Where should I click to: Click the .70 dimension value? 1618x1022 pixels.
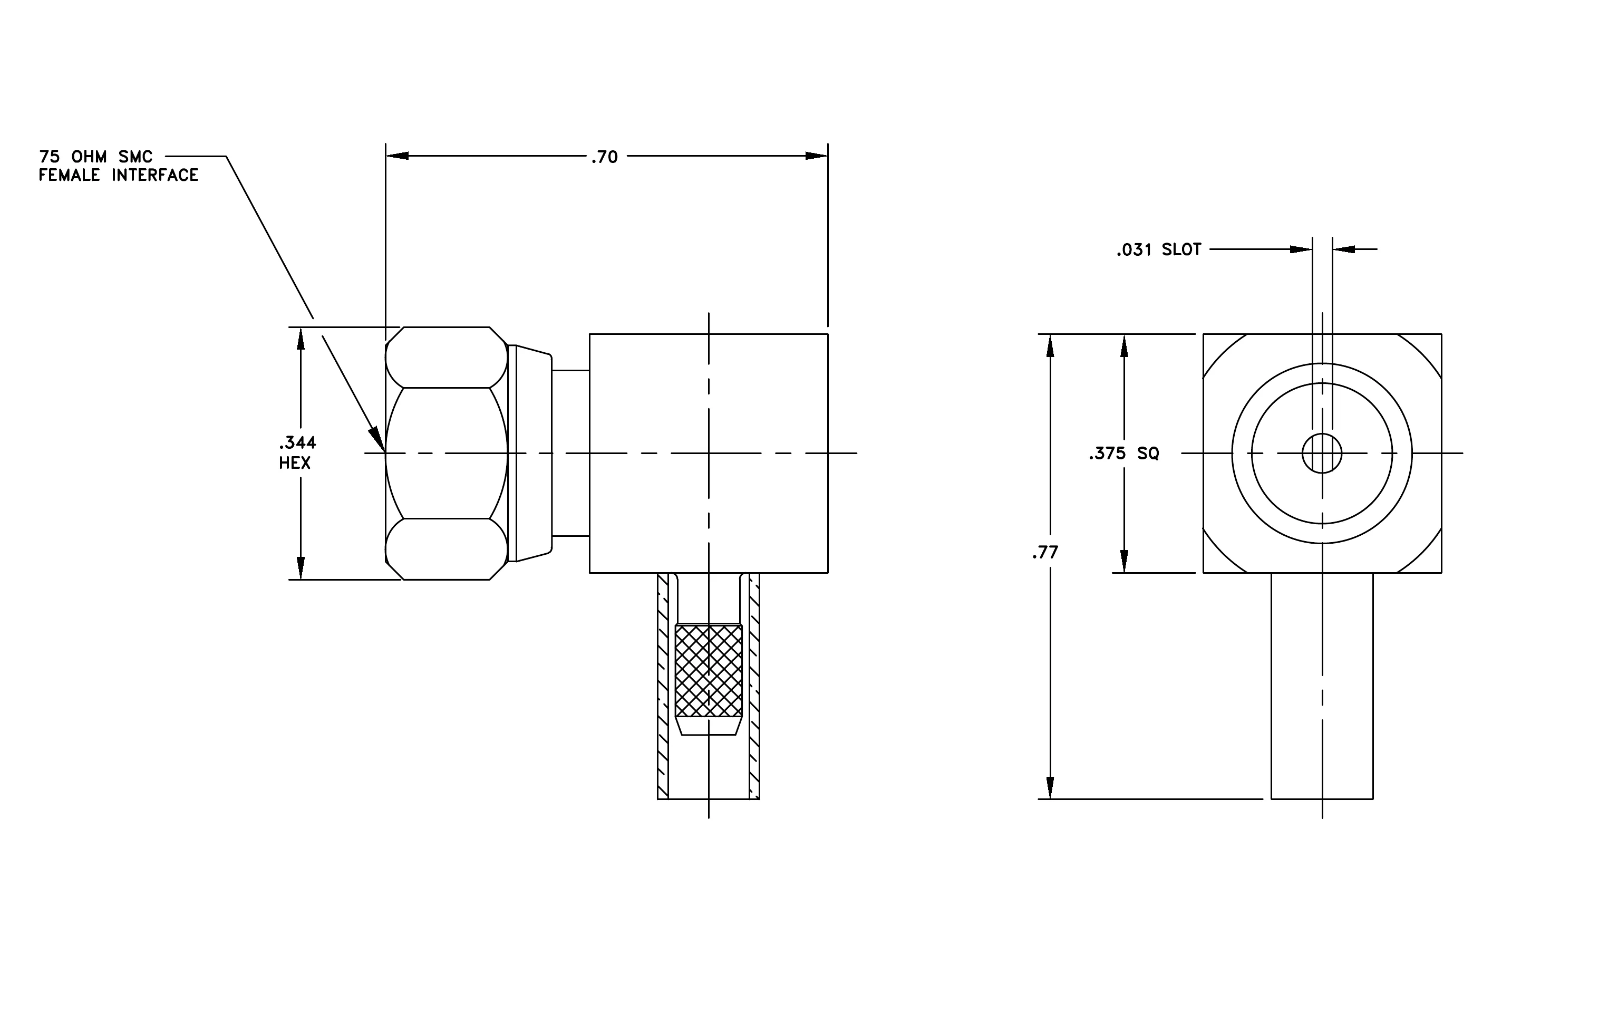604,157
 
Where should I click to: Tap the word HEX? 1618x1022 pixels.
295,463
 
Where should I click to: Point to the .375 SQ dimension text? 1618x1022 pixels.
1124,454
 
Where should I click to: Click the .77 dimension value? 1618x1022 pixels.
1045,552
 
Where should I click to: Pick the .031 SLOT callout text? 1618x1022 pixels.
1158,250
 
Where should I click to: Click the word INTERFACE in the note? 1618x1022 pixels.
155,176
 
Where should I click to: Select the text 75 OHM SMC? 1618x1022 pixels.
96,157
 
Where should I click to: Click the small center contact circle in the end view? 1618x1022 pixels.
1322,454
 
